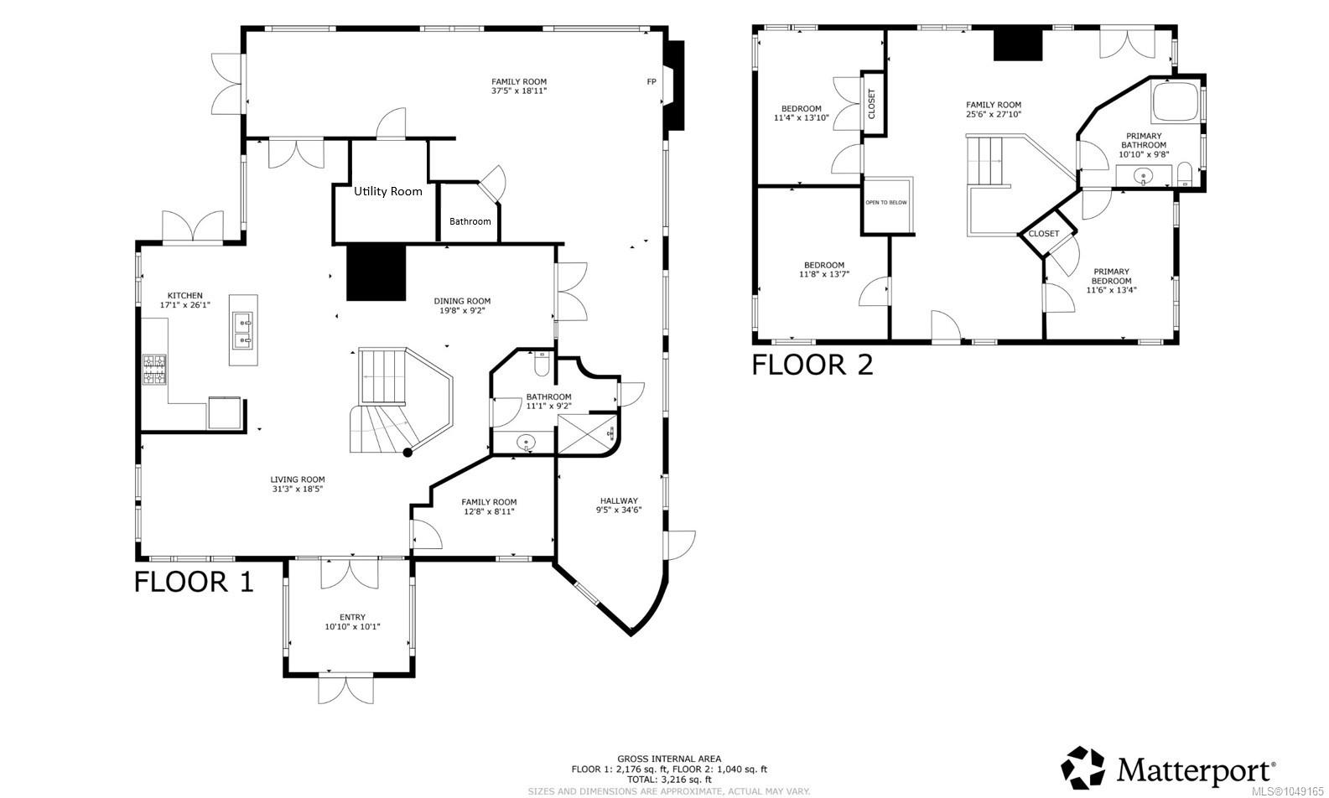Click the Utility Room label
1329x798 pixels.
388,191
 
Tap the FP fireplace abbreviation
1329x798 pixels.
652,82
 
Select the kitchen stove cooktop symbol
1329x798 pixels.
154,369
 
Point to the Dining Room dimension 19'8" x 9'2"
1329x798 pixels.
462,310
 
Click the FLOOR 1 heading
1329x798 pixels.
194,582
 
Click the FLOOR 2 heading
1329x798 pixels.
812,365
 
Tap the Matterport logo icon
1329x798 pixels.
1082,768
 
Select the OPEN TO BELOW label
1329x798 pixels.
885,202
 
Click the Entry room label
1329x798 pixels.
352,617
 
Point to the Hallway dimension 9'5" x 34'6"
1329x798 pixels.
619,510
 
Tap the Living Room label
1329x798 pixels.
298,479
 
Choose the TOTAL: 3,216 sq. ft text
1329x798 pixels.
669,780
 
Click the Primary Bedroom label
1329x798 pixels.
1111,276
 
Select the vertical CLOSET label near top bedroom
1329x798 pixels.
871,104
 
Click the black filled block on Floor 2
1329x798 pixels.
1018,44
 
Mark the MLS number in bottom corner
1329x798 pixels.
1287,791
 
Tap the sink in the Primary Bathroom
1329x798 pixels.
1144,176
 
